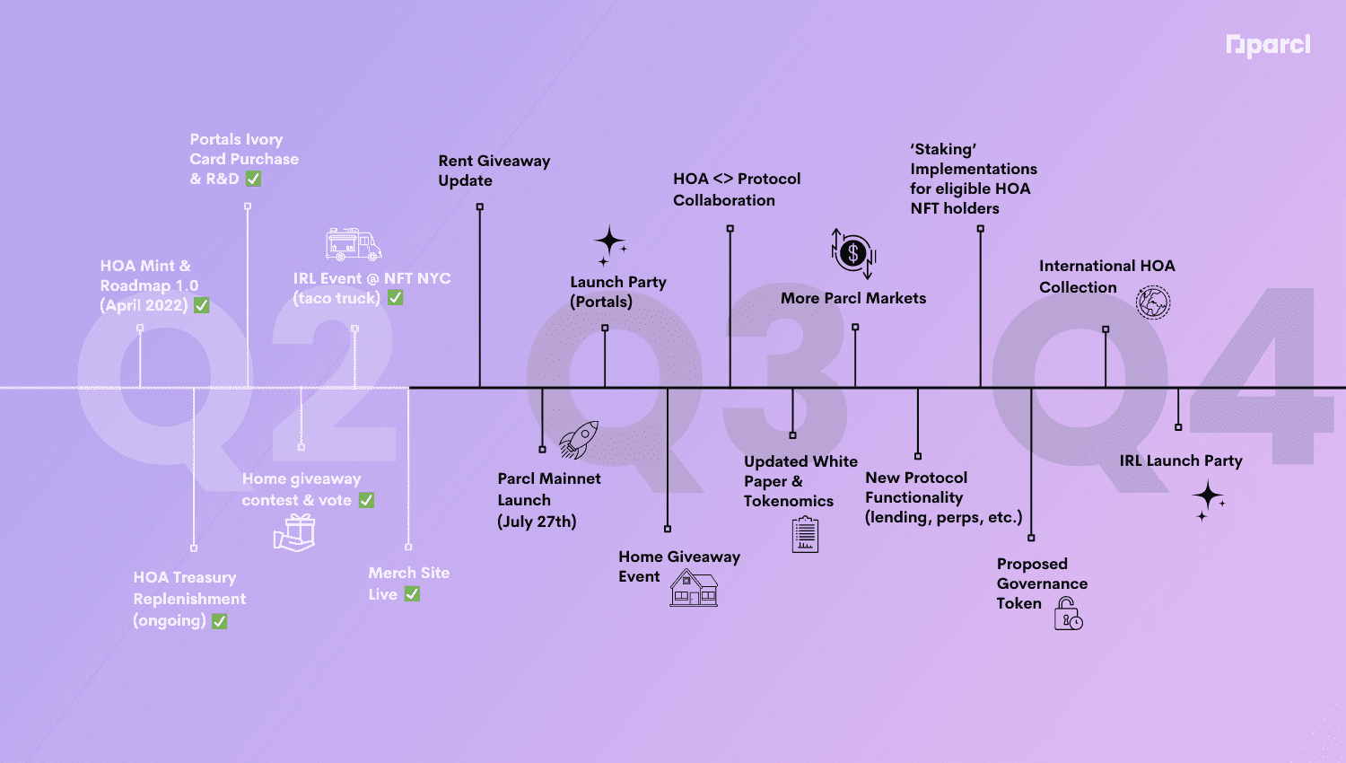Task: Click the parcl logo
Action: coord(1268,45)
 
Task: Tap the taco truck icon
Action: coord(354,244)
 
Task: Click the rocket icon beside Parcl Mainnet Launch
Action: coord(579,439)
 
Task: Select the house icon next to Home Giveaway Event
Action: coord(694,588)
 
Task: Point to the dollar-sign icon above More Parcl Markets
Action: coord(853,252)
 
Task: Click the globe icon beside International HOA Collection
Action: coord(1153,303)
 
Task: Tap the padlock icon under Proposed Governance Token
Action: coord(1068,614)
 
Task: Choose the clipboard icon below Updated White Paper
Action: coord(805,535)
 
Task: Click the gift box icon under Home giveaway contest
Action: coord(294,532)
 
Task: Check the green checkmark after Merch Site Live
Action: coord(412,594)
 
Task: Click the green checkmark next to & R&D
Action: coord(254,179)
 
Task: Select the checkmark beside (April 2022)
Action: coord(202,305)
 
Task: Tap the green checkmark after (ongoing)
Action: coord(220,621)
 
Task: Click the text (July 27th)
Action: coord(537,522)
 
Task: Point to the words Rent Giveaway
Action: coord(494,161)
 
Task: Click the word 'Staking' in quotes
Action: coord(943,149)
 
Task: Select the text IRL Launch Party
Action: coord(1181,460)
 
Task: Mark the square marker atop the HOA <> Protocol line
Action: coord(730,229)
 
